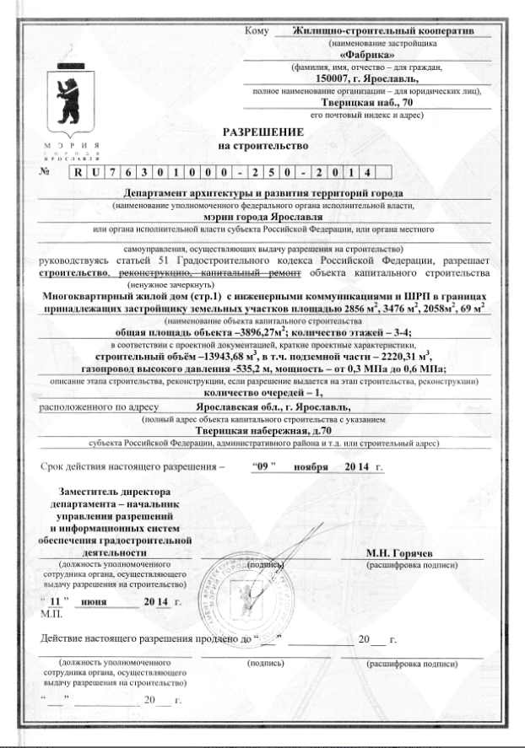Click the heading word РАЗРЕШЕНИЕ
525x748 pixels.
(261, 132)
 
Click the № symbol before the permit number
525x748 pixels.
(45, 170)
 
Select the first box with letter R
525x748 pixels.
(78, 171)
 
